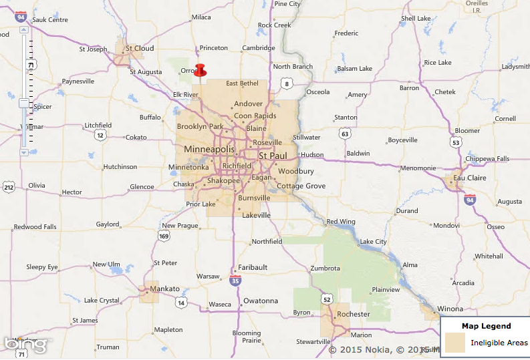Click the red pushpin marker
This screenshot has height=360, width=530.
tap(200, 69)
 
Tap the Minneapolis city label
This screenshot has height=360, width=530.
tap(209, 149)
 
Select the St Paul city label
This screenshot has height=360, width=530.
tap(273, 156)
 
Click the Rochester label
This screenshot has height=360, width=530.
tap(354, 314)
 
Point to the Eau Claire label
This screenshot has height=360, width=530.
tap(468, 178)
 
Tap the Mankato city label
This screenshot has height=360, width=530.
tap(165, 289)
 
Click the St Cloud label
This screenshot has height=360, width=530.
tap(140, 48)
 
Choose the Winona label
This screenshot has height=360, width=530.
tap(449, 309)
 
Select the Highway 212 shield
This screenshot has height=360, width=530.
tap(8, 187)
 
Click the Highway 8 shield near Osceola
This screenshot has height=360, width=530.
tap(286, 83)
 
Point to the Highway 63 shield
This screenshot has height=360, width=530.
tap(344, 134)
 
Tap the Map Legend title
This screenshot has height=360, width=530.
tap(486, 326)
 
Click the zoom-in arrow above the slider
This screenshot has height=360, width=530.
tap(24, 30)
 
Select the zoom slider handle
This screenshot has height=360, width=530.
tap(24, 103)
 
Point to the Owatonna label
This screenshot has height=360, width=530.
tap(260, 301)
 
